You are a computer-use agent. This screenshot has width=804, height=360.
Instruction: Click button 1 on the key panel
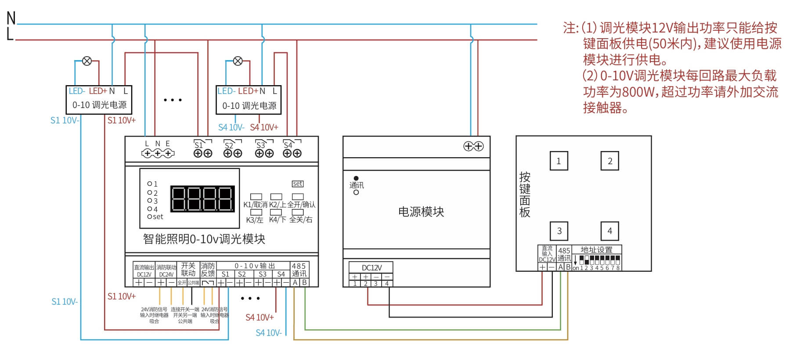pyautogui.click(x=559, y=161)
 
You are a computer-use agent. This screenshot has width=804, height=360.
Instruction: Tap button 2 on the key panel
pyautogui.click(x=609, y=161)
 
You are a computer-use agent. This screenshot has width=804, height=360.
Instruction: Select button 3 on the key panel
pyautogui.click(x=559, y=231)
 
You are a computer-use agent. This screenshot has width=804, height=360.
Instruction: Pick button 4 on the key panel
pyautogui.click(x=609, y=231)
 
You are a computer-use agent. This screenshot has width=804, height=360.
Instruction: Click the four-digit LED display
pyautogui.click(x=202, y=199)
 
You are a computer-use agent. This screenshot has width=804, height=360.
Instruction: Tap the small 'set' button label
pyautogui.click(x=297, y=184)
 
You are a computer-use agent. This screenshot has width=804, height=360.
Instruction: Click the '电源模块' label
pyautogui.click(x=421, y=212)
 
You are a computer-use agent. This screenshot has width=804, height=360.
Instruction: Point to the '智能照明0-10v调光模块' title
pyautogui.click(x=204, y=239)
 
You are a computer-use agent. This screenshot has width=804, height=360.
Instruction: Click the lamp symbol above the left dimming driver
pyautogui.click(x=87, y=61)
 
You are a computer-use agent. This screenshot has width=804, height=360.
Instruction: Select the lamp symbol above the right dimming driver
pyautogui.click(x=238, y=61)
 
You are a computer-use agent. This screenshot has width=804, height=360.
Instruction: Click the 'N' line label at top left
pyautogui.click(x=11, y=18)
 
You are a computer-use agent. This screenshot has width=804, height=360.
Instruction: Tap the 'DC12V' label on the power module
pyautogui.click(x=371, y=268)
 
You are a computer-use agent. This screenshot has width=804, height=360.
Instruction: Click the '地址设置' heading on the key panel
pyautogui.click(x=596, y=250)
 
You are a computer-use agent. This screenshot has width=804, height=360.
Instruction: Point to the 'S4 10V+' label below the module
pyautogui.click(x=260, y=317)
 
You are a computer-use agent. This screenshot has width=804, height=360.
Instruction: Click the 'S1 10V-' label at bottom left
pyautogui.click(x=65, y=302)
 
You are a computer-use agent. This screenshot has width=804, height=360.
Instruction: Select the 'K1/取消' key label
pyautogui.click(x=255, y=205)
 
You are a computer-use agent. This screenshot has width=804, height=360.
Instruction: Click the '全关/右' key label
pyautogui.click(x=301, y=220)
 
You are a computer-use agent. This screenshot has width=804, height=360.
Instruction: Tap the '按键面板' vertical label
pyautogui.click(x=525, y=195)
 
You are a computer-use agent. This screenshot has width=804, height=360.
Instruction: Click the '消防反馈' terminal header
pyautogui.click(x=207, y=270)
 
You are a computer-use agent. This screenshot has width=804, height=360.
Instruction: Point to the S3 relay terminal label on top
pyautogui.click(x=261, y=145)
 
